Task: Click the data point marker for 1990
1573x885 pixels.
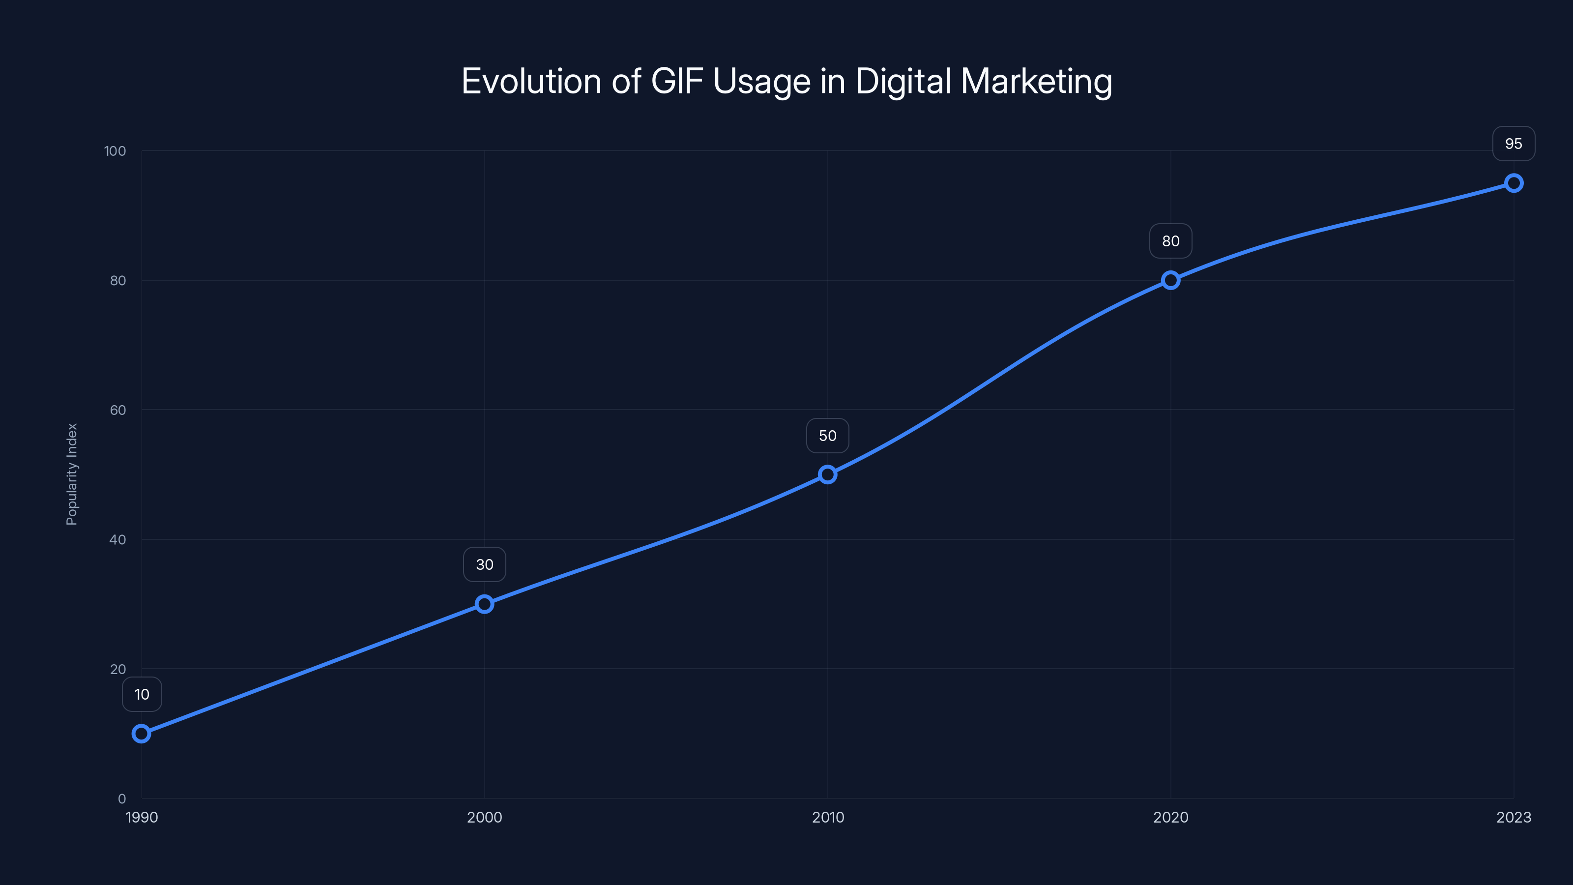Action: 141,734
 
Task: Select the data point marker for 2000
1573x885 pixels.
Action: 484,604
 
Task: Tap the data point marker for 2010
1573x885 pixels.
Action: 827,474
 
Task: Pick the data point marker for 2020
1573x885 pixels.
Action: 1170,280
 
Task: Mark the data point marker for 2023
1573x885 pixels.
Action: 1514,183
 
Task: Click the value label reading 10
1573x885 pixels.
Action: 142,694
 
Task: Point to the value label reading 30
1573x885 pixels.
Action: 484,565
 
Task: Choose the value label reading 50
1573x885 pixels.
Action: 827,436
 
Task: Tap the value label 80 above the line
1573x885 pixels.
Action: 1170,241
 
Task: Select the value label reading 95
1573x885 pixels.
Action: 1514,144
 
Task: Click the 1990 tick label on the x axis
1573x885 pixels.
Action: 142,818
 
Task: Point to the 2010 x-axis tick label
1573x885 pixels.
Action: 827,818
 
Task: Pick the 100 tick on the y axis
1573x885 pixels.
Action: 115,151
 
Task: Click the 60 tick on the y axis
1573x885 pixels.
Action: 118,411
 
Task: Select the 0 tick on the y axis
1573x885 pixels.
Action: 122,799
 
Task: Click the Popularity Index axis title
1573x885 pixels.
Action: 72,474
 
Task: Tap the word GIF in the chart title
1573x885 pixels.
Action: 677,81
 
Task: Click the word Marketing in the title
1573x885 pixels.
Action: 1036,81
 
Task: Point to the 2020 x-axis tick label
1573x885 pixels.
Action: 1170,818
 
